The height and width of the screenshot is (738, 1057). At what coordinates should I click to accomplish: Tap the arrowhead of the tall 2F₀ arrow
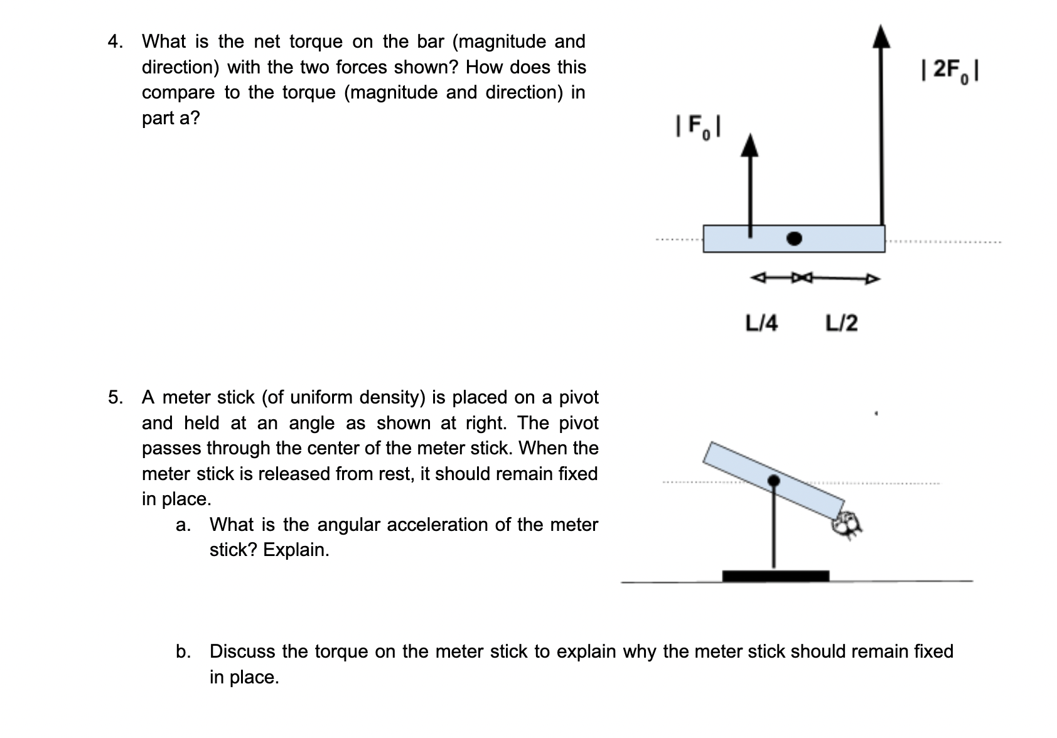point(882,36)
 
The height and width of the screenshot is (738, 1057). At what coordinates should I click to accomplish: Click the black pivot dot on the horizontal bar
point(795,238)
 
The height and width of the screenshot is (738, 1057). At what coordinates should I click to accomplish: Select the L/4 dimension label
point(761,324)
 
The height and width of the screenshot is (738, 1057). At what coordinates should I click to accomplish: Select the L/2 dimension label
point(841,324)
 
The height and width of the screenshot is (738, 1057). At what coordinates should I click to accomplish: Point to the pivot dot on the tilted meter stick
point(774,481)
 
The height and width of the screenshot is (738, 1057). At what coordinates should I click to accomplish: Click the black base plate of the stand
point(775,576)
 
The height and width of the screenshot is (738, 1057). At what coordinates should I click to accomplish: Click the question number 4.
point(115,42)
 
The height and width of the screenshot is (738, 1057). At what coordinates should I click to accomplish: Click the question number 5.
point(115,397)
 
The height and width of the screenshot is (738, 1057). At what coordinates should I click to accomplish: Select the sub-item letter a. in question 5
point(183,525)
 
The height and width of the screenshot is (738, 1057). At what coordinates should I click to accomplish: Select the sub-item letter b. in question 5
point(183,651)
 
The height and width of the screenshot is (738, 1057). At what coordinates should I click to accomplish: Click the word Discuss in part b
point(242,651)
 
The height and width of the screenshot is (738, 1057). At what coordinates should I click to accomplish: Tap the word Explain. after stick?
point(296,550)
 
